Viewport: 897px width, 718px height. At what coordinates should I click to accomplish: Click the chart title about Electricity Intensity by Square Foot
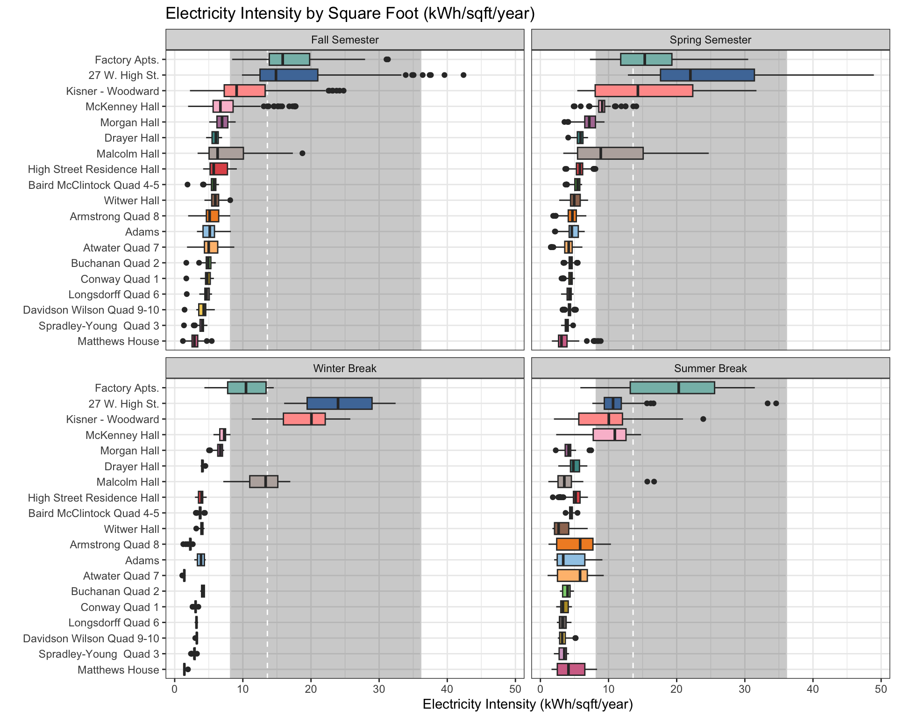[x=350, y=13]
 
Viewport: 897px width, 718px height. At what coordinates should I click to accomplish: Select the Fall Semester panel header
[x=345, y=40]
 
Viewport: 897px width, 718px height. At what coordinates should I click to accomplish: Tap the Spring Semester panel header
[x=710, y=40]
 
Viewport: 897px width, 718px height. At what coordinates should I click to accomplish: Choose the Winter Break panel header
[x=345, y=368]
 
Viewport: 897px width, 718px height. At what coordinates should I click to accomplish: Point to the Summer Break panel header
[x=710, y=368]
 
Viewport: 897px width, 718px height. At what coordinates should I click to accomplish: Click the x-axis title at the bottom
[x=527, y=704]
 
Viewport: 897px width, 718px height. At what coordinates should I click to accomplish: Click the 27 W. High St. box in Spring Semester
[x=707, y=75]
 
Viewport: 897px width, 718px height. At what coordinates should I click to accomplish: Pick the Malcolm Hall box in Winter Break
[x=263, y=482]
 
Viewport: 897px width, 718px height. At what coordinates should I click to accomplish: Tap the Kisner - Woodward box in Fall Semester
[x=244, y=91]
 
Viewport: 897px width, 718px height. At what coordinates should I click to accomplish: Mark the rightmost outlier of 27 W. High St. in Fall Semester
[x=463, y=75]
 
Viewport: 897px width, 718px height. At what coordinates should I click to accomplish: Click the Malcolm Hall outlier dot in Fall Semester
[x=302, y=153]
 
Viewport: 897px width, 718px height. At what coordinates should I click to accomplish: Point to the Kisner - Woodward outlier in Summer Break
[x=703, y=419]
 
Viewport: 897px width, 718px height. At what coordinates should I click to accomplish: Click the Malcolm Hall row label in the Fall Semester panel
[x=128, y=154]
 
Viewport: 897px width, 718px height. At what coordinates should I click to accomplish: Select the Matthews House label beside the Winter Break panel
[x=118, y=670]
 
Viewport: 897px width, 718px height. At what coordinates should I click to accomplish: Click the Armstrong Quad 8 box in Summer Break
[x=575, y=545]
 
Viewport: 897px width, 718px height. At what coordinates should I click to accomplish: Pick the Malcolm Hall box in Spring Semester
[x=610, y=153]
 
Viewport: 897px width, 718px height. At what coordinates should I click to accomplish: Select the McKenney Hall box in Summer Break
[x=609, y=435]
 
